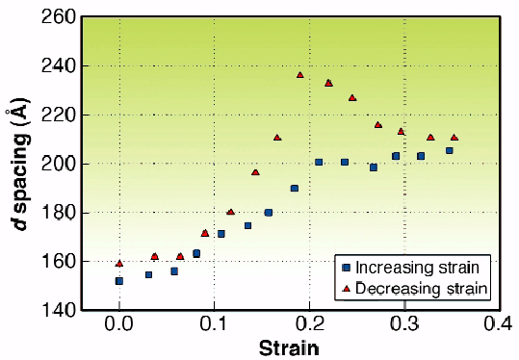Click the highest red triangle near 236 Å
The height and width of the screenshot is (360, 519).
pos(300,74)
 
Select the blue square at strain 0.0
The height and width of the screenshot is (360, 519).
pos(119,281)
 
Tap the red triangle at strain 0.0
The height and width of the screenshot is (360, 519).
pos(119,263)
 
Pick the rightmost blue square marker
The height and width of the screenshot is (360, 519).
pos(449,150)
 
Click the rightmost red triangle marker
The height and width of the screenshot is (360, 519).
pos(454,137)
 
